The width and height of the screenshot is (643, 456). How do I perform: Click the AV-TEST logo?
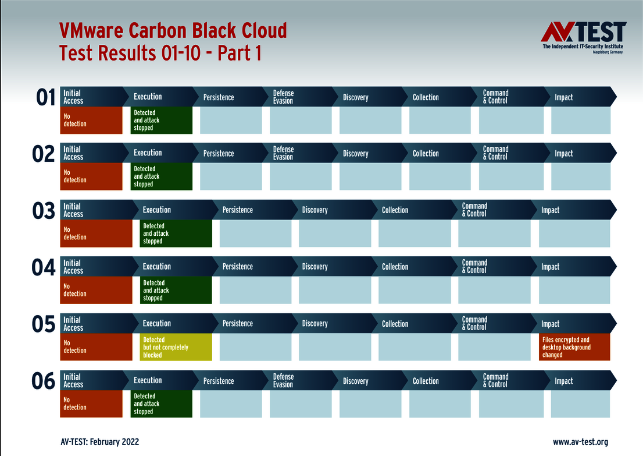click(x=583, y=37)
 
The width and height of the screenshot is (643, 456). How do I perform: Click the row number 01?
click(x=45, y=98)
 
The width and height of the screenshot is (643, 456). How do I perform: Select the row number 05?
click(x=44, y=324)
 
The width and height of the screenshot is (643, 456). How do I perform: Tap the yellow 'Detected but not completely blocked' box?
click(x=176, y=347)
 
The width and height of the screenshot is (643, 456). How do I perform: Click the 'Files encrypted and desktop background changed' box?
click(x=574, y=347)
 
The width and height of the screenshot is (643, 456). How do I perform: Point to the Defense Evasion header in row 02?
click(x=283, y=153)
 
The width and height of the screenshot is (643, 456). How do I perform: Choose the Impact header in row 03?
click(x=550, y=210)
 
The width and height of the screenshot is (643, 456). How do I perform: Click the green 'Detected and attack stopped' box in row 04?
click(x=176, y=290)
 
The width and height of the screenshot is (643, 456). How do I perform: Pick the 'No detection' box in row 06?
click(x=91, y=404)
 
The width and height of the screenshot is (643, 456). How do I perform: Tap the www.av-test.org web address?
click(x=580, y=442)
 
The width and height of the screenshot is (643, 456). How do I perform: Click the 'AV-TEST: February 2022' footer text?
click(x=99, y=442)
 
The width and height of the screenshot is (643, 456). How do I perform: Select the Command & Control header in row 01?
click(x=495, y=97)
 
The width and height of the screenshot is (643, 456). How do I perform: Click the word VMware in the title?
click(x=91, y=31)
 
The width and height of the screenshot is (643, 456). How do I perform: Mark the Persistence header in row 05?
click(x=237, y=324)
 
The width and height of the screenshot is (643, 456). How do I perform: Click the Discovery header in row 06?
click(x=356, y=381)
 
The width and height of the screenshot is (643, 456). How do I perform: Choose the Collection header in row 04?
click(x=395, y=267)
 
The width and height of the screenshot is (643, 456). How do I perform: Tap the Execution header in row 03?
click(x=156, y=210)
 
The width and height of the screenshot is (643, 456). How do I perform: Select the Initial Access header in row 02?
click(x=73, y=153)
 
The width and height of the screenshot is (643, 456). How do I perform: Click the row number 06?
click(x=44, y=381)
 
